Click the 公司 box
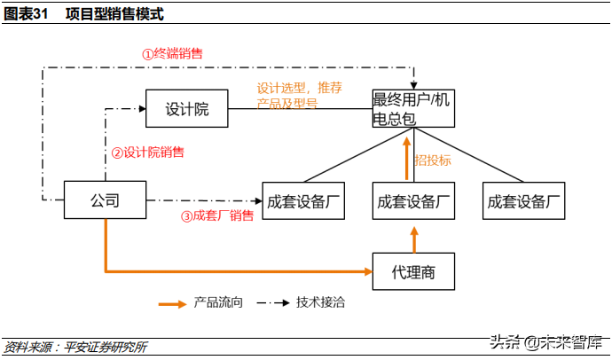(105, 200)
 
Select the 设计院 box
(186, 109)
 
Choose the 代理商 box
(413, 271)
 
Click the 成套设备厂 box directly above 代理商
(413, 200)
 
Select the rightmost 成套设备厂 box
(524, 200)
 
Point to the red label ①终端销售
(172, 53)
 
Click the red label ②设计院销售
(148, 152)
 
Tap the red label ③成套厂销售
(217, 215)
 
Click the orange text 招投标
(433, 160)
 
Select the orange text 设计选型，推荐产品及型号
(298, 96)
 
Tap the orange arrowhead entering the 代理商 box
(365, 270)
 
